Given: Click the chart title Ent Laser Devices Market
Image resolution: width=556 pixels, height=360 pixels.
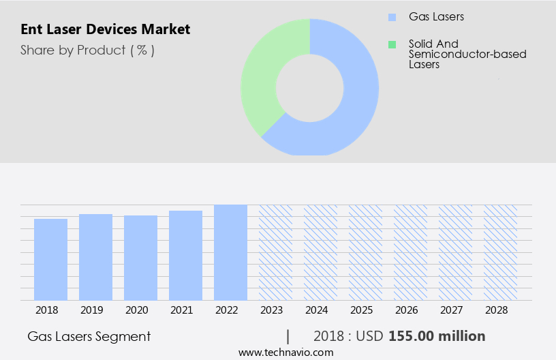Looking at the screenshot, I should [x=105, y=29].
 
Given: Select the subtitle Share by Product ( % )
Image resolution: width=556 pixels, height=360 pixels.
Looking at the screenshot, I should [x=87, y=50].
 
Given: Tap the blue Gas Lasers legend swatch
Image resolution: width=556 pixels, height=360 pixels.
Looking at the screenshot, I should [x=392, y=16].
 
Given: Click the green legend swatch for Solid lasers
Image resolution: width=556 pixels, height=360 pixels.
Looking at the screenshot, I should [x=392, y=44].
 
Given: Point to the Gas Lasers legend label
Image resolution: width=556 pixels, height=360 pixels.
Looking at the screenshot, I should [x=436, y=16].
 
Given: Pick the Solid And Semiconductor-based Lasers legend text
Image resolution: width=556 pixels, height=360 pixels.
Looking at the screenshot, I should [x=467, y=54].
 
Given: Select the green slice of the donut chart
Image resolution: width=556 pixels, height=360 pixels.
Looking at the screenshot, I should [x=262, y=82].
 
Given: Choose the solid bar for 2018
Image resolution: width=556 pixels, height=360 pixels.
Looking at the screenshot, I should [x=50, y=259].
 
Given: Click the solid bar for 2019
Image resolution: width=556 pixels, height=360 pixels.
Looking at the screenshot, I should [x=95, y=257].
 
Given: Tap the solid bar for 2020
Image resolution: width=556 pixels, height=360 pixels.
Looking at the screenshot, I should [x=140, y=258].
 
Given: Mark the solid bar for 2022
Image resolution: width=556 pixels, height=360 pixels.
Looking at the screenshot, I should [x=230, y=252].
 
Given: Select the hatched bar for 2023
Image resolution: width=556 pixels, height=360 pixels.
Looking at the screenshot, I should [x=275, y=252].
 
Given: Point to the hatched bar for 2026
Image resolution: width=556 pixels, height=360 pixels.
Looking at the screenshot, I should [x=410, y=252].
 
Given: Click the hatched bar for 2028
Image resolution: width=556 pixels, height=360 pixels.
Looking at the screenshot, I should [x=500, y=252].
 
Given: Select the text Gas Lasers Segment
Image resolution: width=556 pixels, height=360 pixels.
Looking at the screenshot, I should [x=89, y=336].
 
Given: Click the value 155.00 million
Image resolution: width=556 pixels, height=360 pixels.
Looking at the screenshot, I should [x=437, y=336].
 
